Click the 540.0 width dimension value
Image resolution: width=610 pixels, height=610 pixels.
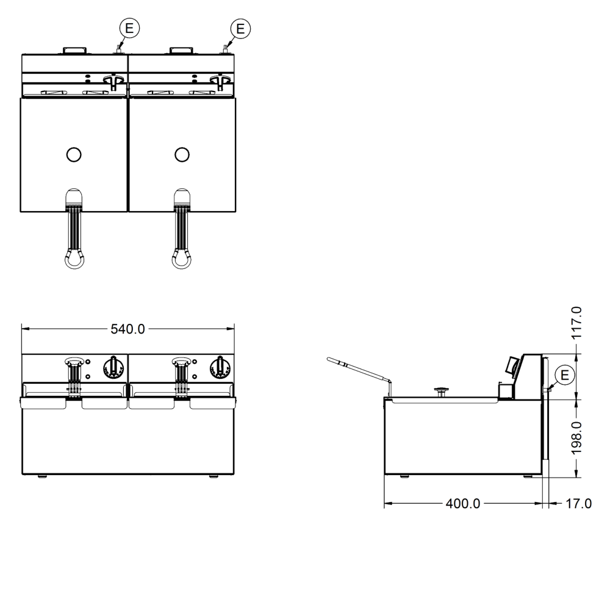(127, 329)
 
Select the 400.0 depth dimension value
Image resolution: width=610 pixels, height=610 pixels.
(463, 504)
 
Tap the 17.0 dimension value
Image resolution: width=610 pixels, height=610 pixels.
(578, 504)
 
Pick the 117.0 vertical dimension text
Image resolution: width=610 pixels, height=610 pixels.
(576, 323)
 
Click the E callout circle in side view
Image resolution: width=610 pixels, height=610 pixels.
(564, 375)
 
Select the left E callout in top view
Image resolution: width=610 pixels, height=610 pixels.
(129, 28)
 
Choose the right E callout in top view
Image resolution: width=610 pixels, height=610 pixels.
(240, 29)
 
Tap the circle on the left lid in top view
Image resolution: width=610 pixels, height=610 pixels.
(74, 155)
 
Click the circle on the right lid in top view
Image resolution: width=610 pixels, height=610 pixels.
(182, 155)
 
